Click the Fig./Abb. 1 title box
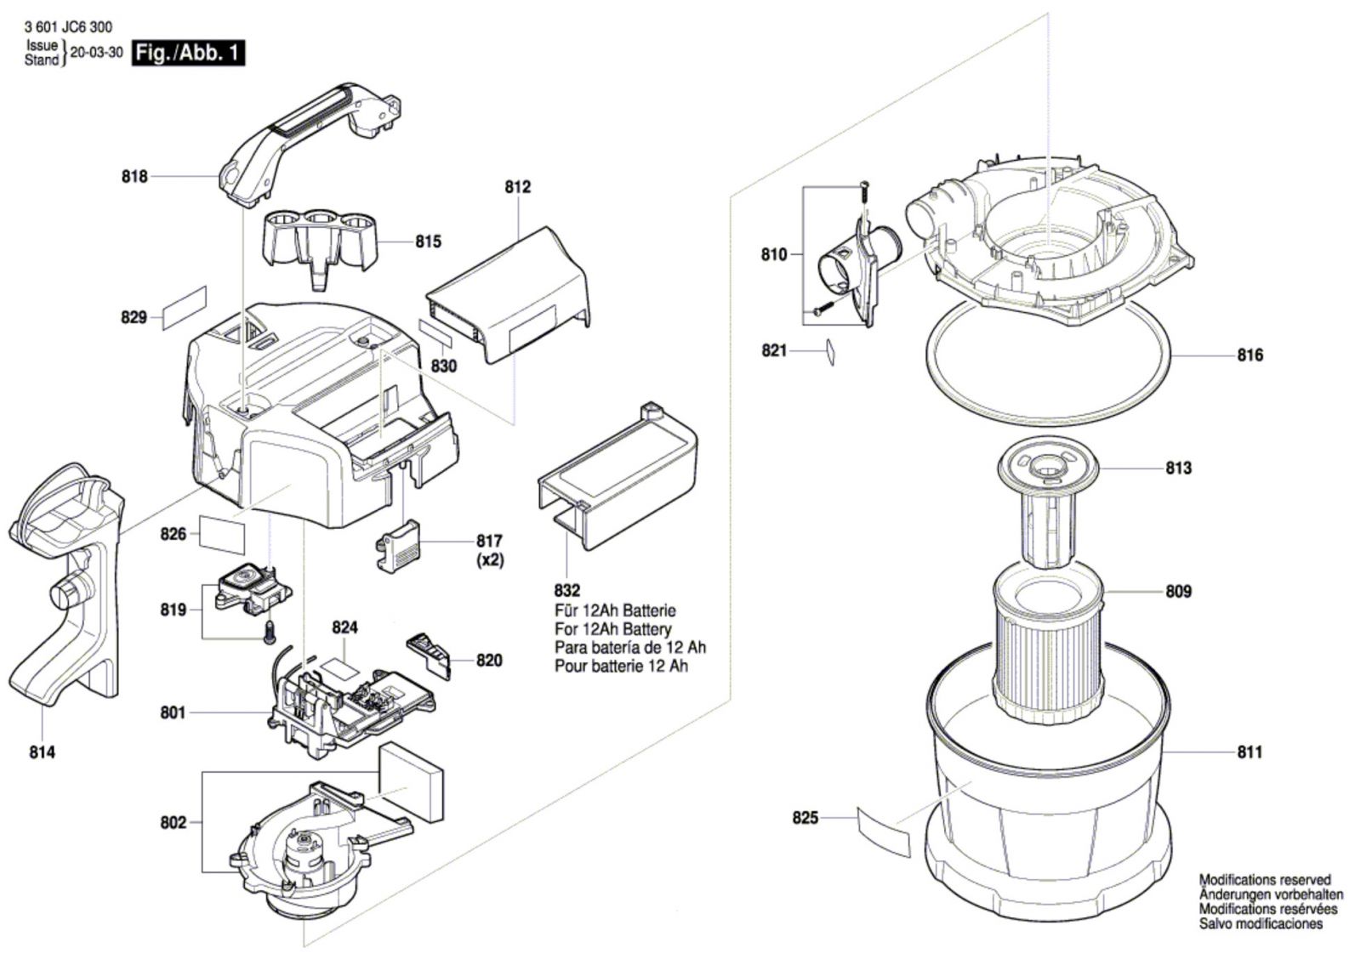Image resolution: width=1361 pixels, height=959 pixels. (x=188, y=53)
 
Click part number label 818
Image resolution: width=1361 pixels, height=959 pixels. (x=134, y=177)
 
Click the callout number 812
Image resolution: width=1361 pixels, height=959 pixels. (x=517, y=187)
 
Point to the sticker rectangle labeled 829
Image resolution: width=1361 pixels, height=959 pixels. (x=185, y=307)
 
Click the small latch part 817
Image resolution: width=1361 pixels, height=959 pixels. (x=398, y=546)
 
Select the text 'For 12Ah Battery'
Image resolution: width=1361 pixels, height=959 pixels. (x=612, y=629)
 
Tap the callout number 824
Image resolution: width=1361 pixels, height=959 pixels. (x=345, y=627)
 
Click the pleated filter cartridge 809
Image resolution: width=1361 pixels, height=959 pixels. (x=1048, y=650)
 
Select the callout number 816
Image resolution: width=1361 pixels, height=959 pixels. (x=1250, y=355)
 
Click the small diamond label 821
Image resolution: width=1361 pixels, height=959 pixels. (x=830, y=351)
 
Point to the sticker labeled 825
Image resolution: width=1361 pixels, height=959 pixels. (x=883, y=831)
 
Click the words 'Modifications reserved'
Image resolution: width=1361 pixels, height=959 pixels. (x=1264, y=880)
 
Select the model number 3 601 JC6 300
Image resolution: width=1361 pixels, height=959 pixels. (x=68, y=27)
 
